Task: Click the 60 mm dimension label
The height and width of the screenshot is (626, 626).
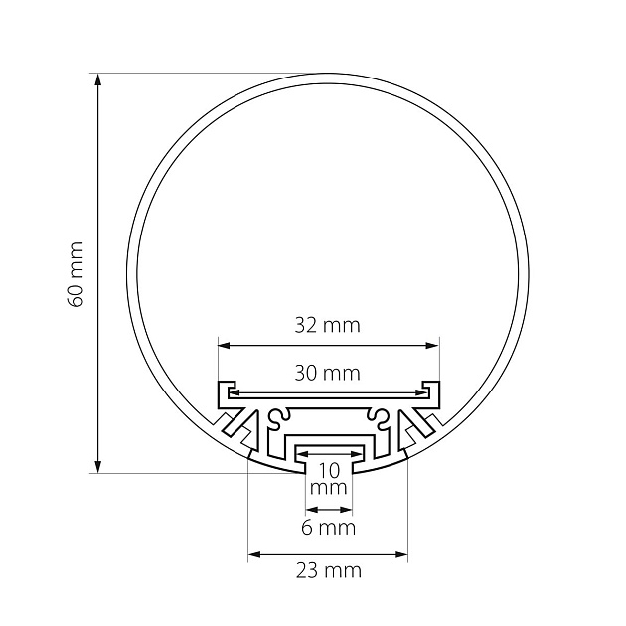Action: click(x=76, y=274)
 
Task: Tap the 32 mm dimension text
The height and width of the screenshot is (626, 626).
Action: click(x=327, y=325)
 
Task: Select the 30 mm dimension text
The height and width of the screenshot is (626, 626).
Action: click(x=327, y=373)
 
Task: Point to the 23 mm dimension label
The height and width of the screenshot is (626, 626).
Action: click(x=329, y=571)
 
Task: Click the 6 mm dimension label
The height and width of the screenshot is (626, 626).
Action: click(x=328, y=528)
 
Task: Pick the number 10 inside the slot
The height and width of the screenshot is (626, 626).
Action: click(x=329, y=471)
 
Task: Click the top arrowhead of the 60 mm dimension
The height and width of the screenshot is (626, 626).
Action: click(x=97, y=79)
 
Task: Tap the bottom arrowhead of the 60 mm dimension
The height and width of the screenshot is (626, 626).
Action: click(x=97, y=467)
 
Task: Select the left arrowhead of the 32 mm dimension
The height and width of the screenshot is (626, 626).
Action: click(x=225, y=346)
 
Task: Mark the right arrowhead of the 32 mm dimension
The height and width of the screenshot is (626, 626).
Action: click(x=433, y=346)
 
